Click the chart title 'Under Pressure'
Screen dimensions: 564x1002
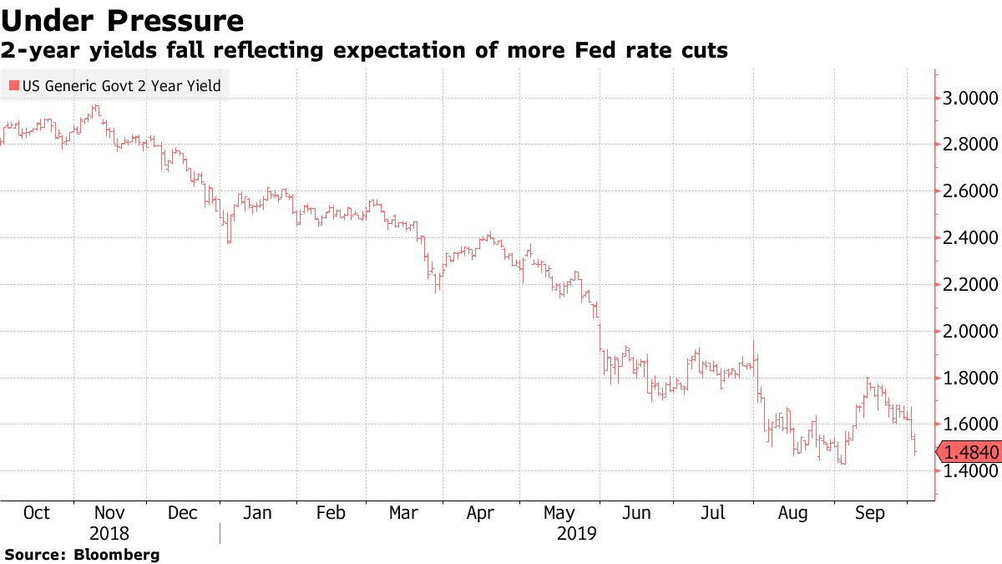pos(124,20)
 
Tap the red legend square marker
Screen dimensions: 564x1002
pos(13,85)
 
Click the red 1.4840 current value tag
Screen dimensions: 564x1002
pos(969,453)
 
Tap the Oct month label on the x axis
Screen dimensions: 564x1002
pos(36,513)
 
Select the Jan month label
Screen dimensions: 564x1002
pos(257,513)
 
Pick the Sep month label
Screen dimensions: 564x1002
pos(870,513)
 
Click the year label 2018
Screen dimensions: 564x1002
pos(109,533)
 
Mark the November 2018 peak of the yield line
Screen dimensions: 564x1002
pos(97,107)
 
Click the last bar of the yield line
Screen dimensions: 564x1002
pos(916,451)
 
